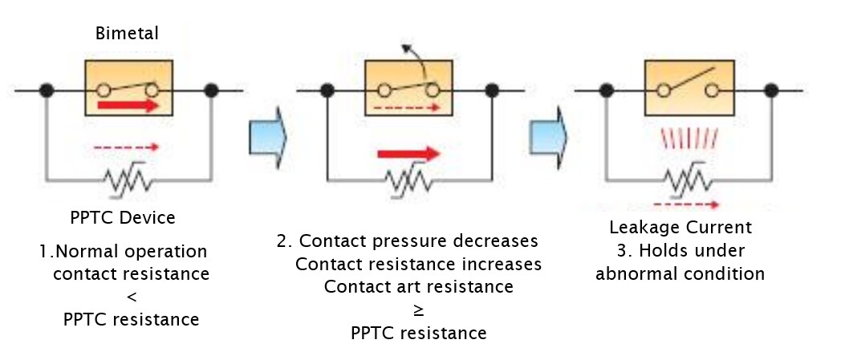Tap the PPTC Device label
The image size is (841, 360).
pyautogui.click(x=123, y=217)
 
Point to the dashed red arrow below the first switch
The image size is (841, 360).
pyautogui.click(x=127, y=148)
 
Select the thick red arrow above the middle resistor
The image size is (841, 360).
pyautogui.click(x=409, y=153)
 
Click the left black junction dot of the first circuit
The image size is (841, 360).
pyautogui.click(x=47, y=89)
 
